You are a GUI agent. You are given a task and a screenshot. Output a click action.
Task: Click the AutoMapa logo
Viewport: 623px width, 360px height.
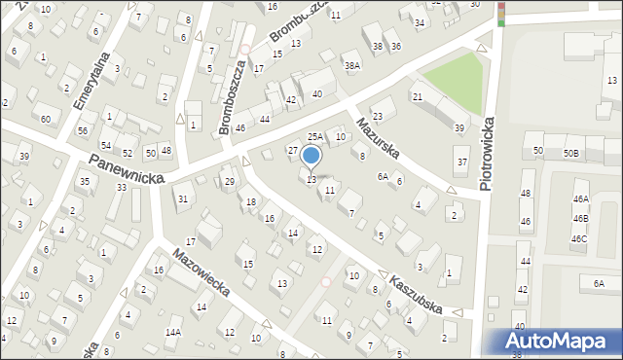[x=554, y=341]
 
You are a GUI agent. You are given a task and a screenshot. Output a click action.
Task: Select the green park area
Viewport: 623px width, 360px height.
[x=454, y=83]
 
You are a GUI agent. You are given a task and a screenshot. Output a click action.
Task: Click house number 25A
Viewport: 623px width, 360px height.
[x=315, y=137]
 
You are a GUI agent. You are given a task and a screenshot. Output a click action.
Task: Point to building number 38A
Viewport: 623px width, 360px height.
[x=351, y=65]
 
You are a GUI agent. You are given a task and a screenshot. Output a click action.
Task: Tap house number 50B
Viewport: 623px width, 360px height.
[x=569, y=153]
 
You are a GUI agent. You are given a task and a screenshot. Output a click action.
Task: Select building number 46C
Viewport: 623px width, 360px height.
[x=579, y=238]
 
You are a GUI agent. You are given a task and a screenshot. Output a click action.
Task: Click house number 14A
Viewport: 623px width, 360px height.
[x=172, y=333]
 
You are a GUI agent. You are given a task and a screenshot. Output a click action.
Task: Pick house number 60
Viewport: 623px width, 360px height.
[x=46, y=119]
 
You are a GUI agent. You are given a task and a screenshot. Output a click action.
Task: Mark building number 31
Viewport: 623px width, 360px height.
[x=182, y=199]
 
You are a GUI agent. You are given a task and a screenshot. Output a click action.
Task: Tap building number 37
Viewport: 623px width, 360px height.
[x=462, y=162]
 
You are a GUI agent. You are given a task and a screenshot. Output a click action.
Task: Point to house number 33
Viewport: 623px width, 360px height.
[x=122, y=187]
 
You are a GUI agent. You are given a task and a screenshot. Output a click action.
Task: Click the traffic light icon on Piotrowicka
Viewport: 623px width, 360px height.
[x=501, y=13]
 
